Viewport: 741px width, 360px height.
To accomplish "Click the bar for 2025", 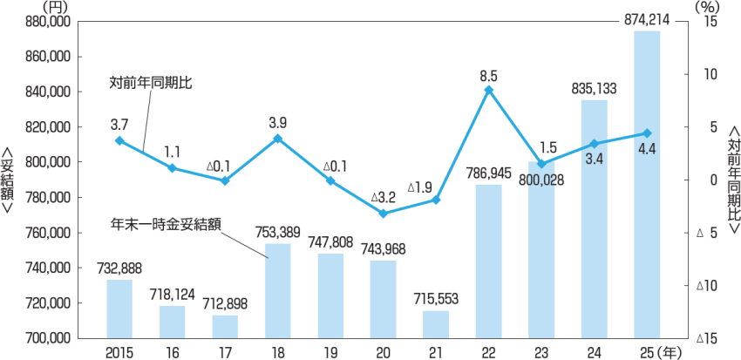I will point(646,185).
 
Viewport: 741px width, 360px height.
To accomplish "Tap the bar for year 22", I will point(489,262).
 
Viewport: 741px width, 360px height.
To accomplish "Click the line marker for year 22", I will point(489,90).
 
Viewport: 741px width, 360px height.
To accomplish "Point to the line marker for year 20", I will point(384,214).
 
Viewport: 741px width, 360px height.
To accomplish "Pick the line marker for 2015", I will point(119,140).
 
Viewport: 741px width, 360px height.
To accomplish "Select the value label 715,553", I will point(436,299).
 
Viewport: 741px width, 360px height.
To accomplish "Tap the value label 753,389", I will point(278,232).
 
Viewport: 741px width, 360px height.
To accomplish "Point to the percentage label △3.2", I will point(383,198).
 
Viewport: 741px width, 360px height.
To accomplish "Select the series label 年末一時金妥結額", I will point(165,223).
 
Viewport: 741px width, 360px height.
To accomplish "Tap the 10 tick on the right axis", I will point(708,74).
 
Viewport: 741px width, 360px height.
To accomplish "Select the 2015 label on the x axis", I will point(119,351).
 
